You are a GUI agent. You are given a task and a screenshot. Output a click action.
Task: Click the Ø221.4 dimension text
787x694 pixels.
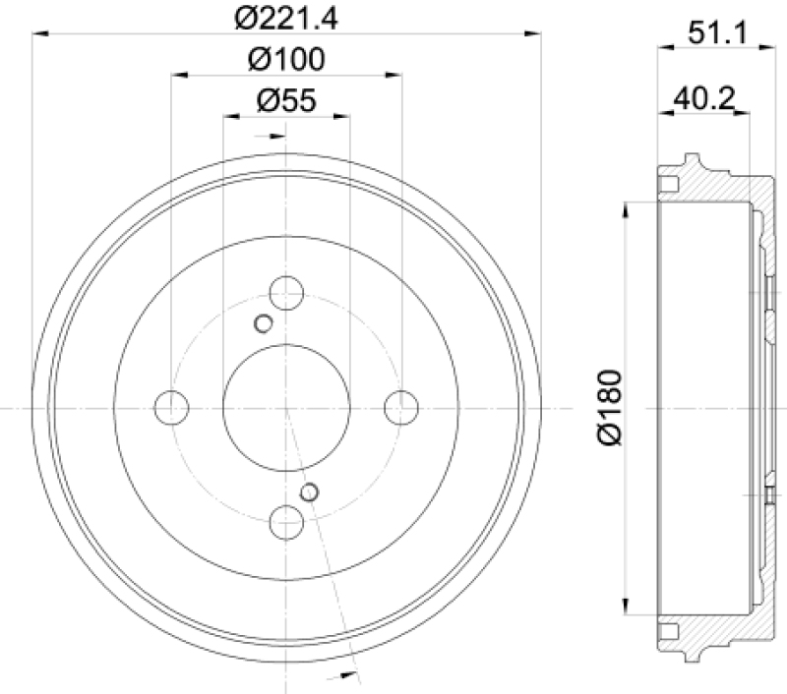tap(286, 18)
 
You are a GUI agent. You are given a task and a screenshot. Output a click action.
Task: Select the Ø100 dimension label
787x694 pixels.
tap(286, 59)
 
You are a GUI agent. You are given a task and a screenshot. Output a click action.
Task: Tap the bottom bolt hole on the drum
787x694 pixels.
tap(286, 520)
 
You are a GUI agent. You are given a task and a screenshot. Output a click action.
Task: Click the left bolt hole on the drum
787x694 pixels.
tap(172, 406)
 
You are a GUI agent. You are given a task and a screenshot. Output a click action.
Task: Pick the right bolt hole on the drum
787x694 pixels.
tap(401, 406)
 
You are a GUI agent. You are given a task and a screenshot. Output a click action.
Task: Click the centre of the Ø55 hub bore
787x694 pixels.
tap(286, 406)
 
